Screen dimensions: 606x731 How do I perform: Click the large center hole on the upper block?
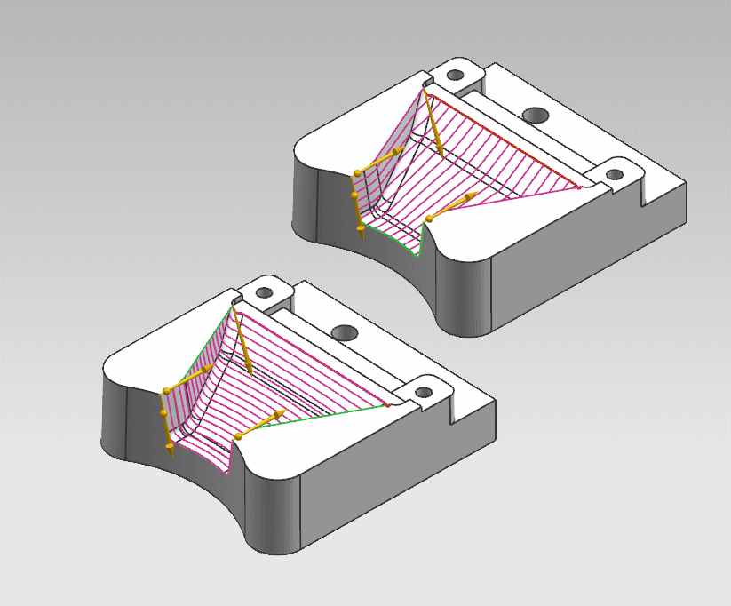pos(536,115)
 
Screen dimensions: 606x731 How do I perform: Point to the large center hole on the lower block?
pos(345,333)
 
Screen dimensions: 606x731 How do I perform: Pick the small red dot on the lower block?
pos(387,405)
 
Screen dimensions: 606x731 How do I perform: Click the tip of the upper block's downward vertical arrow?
pos(360,238)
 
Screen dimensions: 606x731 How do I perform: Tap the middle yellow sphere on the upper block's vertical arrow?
pos(355,195)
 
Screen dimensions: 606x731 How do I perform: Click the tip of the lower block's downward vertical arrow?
pos(169,454)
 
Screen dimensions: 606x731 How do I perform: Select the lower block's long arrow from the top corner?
pos(243,342)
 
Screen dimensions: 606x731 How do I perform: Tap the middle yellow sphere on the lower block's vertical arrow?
pos(163,414)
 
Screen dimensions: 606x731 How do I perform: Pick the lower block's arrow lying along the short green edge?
pos(262,426)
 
